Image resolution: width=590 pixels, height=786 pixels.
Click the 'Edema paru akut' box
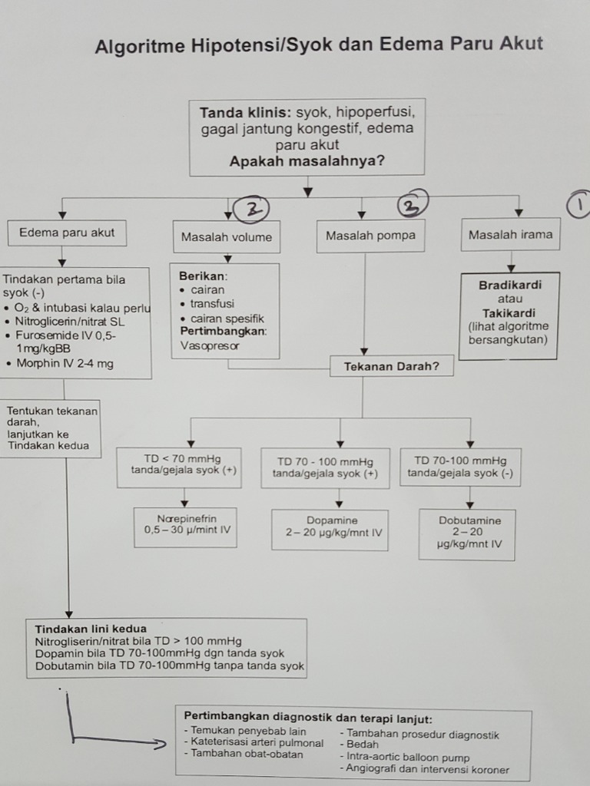click(x=66, y=233)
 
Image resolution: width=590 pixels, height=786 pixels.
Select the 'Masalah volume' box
click(x=226, y=237)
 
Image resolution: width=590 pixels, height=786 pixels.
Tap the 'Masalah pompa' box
click(x=370, y=236)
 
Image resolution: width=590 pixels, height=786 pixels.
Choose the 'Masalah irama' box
click(x=510, y=235)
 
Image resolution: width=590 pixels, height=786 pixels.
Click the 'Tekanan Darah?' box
click(x=391, y=366)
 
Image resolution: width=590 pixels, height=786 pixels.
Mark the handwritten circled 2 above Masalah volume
click(x=251, y=207)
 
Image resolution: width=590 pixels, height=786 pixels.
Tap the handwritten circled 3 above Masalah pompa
click(x=413, y=204)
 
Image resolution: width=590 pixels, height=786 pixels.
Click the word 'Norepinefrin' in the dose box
click(x=187, y=518)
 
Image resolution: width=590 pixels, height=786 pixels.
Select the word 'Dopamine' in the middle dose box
click(x=332, y=520)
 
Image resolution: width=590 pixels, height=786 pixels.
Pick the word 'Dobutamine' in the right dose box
click(x=469, y=520)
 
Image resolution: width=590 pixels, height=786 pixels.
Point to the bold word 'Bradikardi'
click(x=510, y=285)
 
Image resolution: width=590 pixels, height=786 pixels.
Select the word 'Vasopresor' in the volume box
click(x=210, y=345)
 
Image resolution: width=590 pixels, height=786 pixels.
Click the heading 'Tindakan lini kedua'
click(x=91, y=629)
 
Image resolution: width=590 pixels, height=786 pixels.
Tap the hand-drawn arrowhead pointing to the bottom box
click(x=160, y=743)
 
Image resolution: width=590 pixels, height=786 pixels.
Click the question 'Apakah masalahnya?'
click(x=307, y=161)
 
